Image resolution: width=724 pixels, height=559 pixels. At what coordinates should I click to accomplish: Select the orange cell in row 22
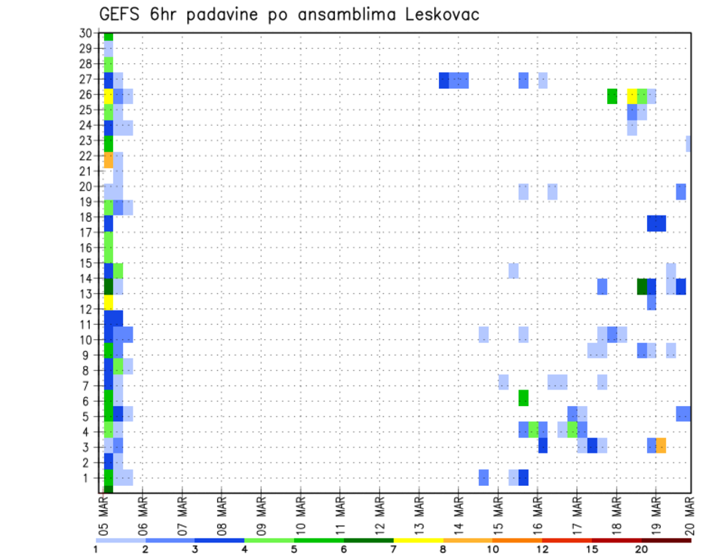tap(109, 160)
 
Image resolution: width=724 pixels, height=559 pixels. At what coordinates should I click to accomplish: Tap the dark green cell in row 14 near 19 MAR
tap(642, 286)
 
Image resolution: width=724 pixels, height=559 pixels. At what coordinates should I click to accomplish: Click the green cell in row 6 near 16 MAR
tap(523, 398)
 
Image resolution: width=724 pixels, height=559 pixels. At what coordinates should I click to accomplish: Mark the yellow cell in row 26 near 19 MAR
tap(632, 96)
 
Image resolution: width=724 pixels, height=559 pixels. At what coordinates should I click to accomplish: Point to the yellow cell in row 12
tap(109, 302)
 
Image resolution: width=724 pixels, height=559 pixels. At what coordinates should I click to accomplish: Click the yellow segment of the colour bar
tap(419, 539)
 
